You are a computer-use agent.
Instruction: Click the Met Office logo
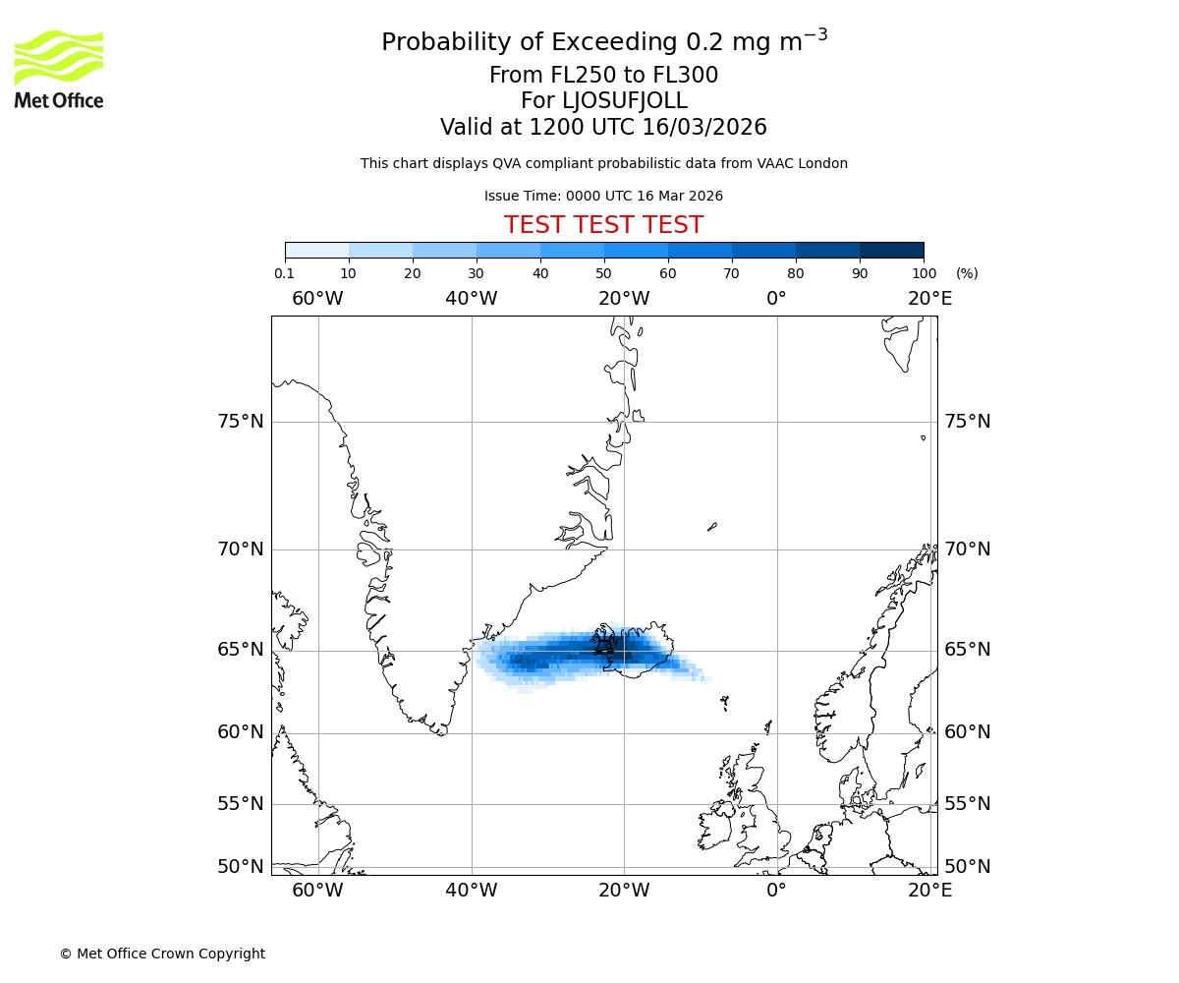pyautogui.click(x=59, y=69)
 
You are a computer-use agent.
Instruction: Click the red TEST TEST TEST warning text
pyautogui.click(x=603, y=225)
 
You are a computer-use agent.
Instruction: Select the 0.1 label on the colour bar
pyautogui.click(x=284, y=273)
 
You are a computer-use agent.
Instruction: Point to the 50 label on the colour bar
pyautogui.click(x=603, y=273)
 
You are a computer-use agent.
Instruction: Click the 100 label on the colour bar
pyautogui.click(x=924, y=273)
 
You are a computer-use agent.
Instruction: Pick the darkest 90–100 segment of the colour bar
pyautogui.click(x=891, y=250)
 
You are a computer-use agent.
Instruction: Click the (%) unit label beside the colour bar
pyautogui.click(x=967, y=273)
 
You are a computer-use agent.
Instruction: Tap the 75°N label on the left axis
pyautogui.click(x=241, y=422)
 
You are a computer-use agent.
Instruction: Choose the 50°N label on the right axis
pyautogui.click(x=968, y=866)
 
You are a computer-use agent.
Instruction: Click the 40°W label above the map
pyautogui.click(x=471, y=298)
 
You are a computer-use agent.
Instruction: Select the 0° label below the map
pyautogui.click(x=776, y=891)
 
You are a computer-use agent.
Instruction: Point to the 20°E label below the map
pyautogui.click(x=929, y=891)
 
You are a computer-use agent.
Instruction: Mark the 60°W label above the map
pyautogui.click(x=317, y=298)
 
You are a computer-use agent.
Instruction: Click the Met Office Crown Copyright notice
pyautogui.click(x=162, y=954)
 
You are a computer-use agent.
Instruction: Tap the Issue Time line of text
pyautogui.click(x=603, y=197)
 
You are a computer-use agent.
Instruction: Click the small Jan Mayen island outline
pyautogui.click(x=712, y=527)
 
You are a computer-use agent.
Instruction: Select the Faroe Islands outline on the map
pyautogui.click(x=724, y=702)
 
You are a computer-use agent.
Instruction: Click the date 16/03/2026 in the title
pyautogui.click(x=704, y=128)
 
